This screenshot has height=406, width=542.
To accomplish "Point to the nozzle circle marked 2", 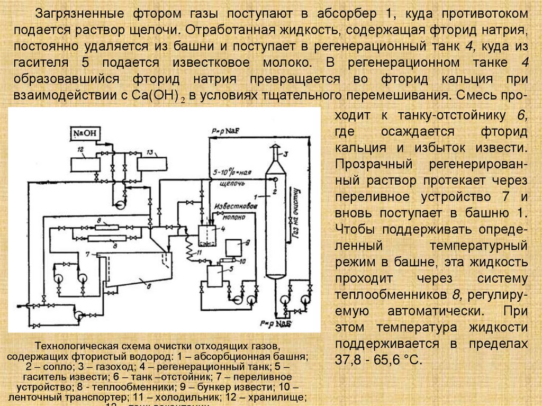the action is point(275,178).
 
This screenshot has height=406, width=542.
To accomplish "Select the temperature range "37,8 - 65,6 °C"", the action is point(378,360).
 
